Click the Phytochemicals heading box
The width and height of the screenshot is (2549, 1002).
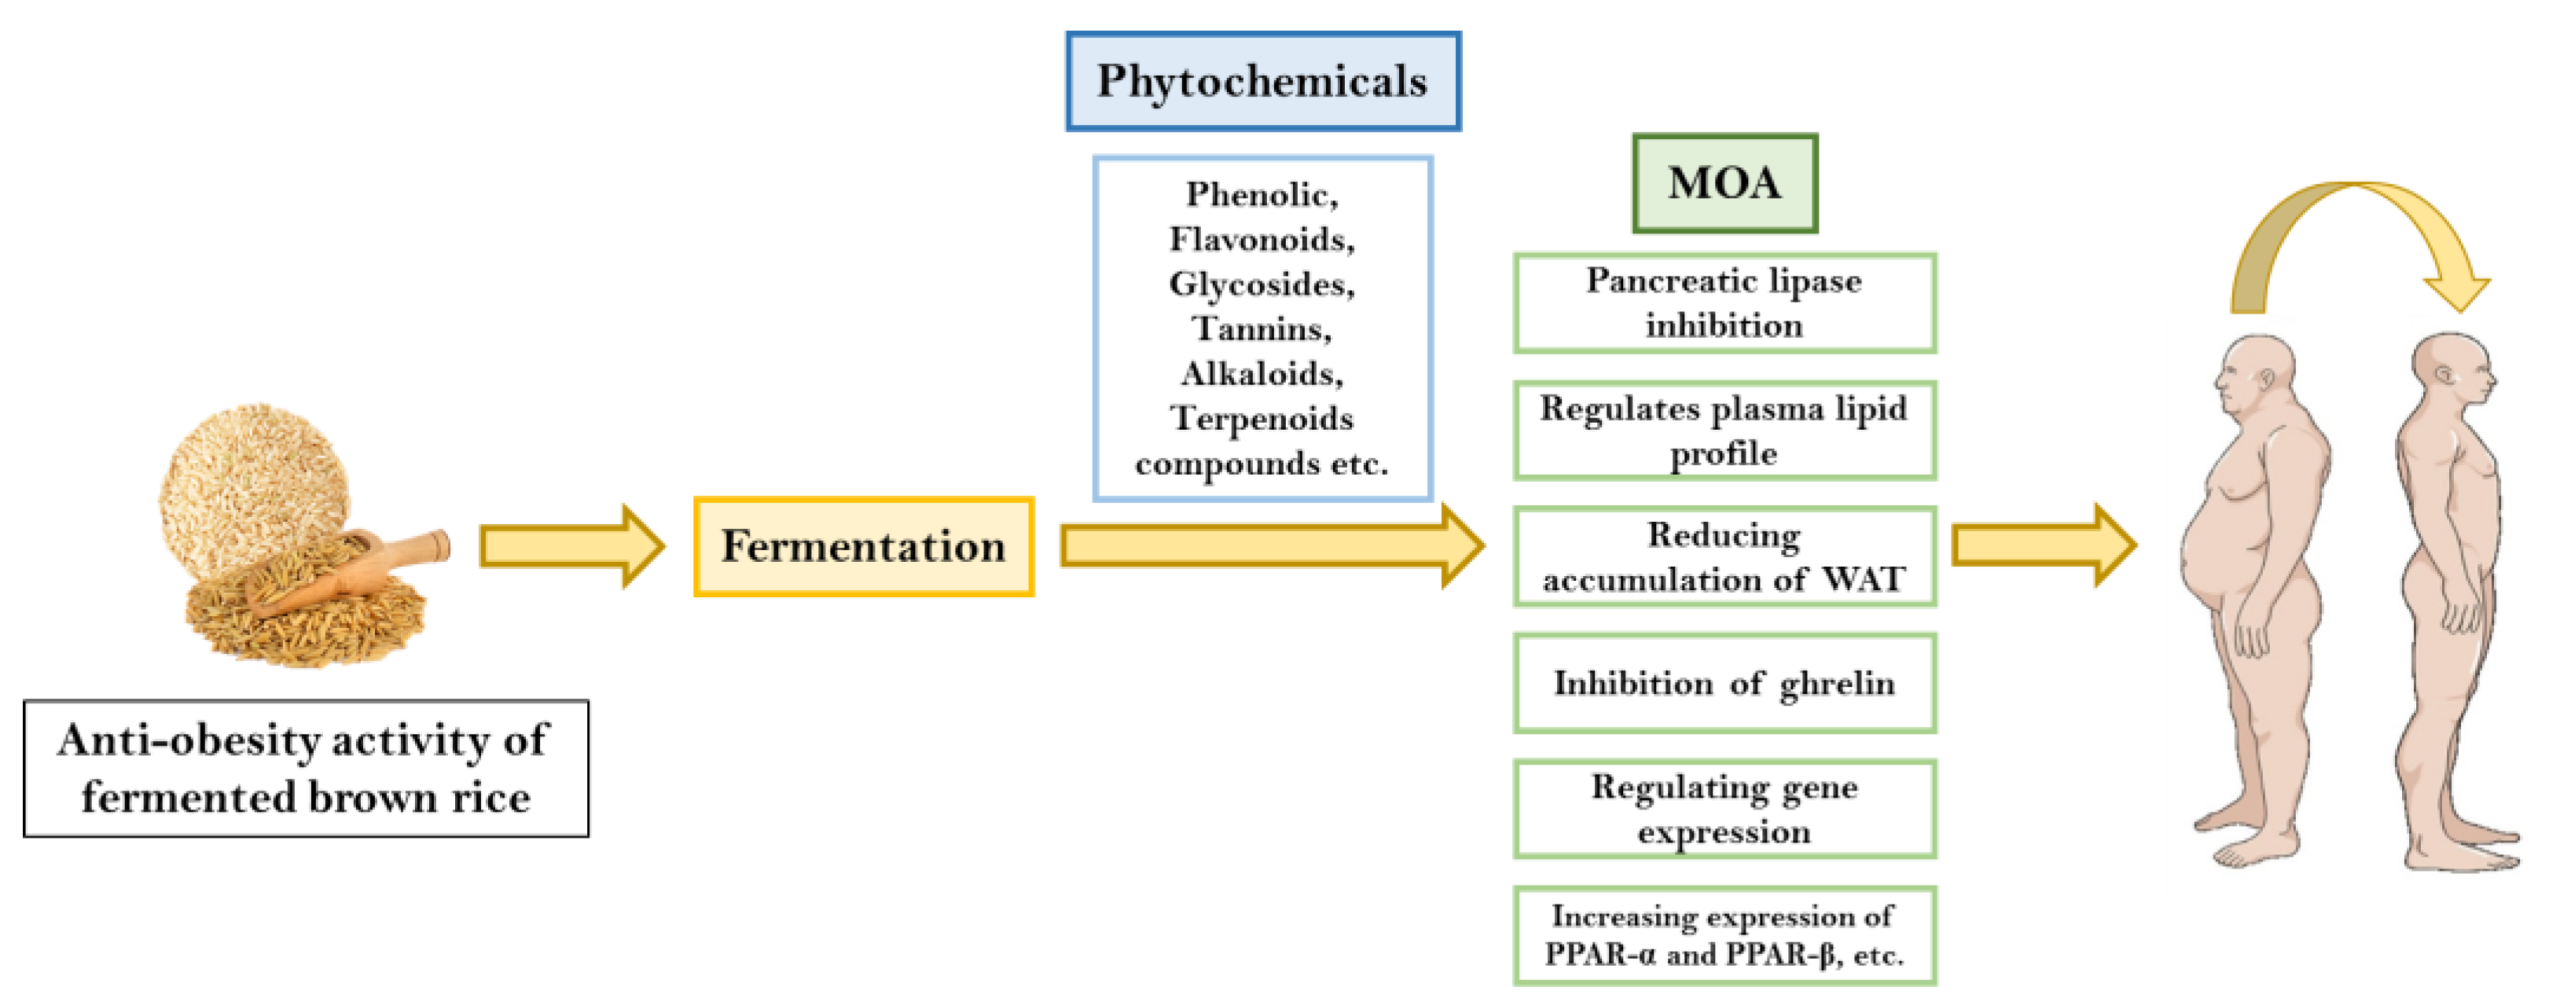[1262, 81]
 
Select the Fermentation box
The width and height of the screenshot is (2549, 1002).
[863, 546]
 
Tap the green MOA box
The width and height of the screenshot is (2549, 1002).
[1724, 183]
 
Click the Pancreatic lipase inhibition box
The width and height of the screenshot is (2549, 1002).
[1724, 303]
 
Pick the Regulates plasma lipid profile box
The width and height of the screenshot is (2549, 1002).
[1724, 431]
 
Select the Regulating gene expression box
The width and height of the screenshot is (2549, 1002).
[1724, 809]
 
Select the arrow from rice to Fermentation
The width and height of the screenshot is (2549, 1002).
[570, 546]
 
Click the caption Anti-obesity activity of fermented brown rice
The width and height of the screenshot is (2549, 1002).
[306, 769]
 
